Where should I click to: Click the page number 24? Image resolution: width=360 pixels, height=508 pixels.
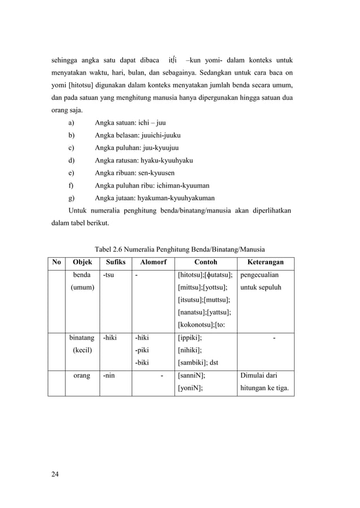pyautogui.click(x=55, y=472)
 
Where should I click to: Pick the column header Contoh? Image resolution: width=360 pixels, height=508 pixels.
pyautogui.click(x=205, y=262)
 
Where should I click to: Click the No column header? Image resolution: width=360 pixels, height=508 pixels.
pyautogui.click(x=56, y=262)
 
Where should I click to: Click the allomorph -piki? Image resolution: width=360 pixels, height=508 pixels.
pyautogui.click(x=142, y=350)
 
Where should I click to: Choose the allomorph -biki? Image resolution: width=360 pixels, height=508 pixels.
pyautogui.click(x=142, y=363)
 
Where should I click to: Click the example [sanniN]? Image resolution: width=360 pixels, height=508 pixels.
pyautogui.click(x=192, y=375)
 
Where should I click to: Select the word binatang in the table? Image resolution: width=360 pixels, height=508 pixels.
pyautogui.click(x=82, y=338)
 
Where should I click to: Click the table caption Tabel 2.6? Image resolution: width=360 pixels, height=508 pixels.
pyautogui.click(x=111, y=248)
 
